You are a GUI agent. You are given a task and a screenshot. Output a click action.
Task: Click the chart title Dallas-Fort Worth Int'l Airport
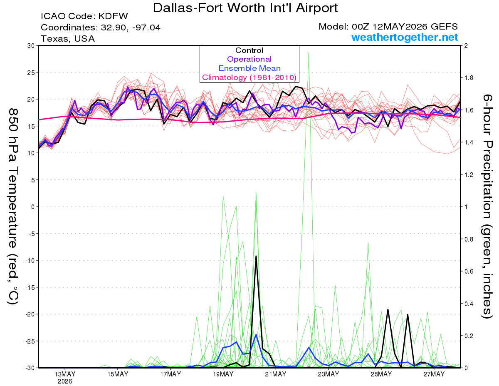(x=245, y=8)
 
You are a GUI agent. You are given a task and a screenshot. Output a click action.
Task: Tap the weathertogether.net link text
(x=405, y=37)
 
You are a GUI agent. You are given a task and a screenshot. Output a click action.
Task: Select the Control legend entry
(x=249, y=50)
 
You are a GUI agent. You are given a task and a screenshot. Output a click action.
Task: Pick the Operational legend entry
(x=249, y=59)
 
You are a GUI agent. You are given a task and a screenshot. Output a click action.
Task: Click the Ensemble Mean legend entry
(x=249, y=68)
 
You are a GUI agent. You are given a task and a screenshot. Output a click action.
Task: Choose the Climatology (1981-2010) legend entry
(x=249, y=77)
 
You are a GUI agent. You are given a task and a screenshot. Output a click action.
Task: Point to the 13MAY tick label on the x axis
(x=65, y=374)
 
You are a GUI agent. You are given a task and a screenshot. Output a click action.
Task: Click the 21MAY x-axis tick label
(x=276, y=374)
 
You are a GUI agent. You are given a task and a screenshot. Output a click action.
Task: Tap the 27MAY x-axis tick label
(x=434, y=374)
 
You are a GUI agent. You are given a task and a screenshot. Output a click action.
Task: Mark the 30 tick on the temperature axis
(x=31, y=46)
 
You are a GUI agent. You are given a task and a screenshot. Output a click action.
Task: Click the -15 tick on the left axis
(x=30, y=287)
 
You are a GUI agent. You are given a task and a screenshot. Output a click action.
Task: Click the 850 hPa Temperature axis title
(x=13, y=207)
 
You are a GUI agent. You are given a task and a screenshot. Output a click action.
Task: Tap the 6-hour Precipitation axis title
(x=487, y=206)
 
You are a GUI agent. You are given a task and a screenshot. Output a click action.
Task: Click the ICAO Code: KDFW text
(x=84, y=16)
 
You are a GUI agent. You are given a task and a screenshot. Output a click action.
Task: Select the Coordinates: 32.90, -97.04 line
(x=101, y=27)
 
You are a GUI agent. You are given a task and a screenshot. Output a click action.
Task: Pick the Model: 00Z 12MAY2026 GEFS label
(x=388, y=27)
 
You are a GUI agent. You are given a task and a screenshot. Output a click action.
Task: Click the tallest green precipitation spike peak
(x=309, y=52)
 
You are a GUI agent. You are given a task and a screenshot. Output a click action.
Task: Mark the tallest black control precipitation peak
(x=256, y=256)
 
